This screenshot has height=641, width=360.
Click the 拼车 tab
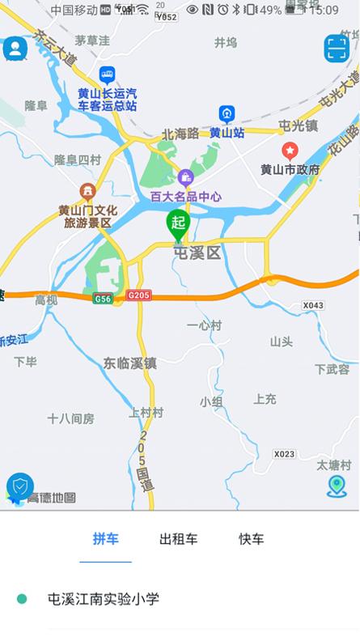[105, 539]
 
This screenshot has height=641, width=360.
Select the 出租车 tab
[178, 539]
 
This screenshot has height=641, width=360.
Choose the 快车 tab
[251, 539]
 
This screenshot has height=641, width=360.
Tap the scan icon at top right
[337, 49]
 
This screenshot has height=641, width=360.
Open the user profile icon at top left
[15, 49]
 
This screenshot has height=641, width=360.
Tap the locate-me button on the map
[337, 486]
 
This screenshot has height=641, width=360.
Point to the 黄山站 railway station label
[227, 133]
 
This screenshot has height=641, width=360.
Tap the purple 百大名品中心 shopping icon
[185, 177]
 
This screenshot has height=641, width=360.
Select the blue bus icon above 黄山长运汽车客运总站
[107, 75]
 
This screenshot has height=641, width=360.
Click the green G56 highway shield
[103, 298]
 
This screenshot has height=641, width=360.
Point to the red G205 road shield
[138, 297]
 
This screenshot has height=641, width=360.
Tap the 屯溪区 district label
[197, 253]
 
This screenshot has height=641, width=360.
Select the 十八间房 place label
[70, 418]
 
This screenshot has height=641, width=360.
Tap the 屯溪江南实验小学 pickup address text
[104, 599]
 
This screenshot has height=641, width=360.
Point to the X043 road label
[312, 305]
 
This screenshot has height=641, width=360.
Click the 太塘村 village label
[333, 465]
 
